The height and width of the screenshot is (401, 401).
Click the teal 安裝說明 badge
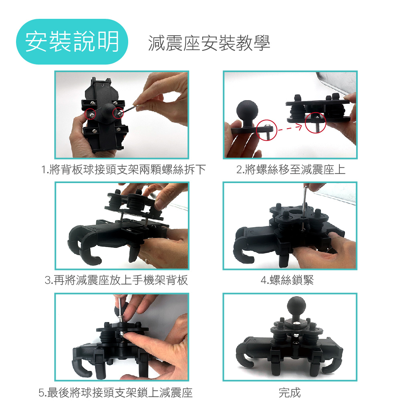[x=72, y=41]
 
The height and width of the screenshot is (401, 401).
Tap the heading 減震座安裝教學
[x=209, y=43]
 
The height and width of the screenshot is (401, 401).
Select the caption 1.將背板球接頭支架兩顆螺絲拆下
[x=123, y=169]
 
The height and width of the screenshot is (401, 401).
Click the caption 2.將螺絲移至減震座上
[x=290, y=169]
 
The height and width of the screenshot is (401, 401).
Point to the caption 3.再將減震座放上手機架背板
[x=116, y=280]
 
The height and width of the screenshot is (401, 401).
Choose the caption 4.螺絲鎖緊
[x=287, y=280]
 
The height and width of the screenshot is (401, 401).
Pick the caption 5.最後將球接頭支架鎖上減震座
[x=115, y=393]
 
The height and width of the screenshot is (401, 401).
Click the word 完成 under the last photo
[x=290, y=393]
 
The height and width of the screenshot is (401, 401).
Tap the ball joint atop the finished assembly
[x=296, y=307]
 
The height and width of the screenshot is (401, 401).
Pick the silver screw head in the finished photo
[x=296, y=324]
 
